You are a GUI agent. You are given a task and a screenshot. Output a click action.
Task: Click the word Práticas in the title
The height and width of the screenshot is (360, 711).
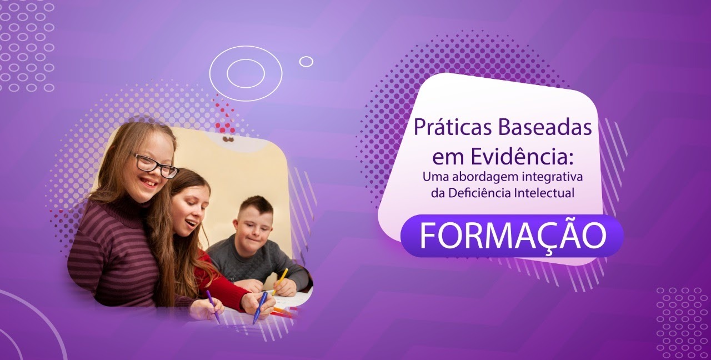[453, 128]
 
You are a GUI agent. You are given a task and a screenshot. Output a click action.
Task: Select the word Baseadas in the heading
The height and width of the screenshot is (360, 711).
[545, 128]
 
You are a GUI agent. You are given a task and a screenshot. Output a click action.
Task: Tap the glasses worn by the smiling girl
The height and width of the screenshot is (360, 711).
[156, 166]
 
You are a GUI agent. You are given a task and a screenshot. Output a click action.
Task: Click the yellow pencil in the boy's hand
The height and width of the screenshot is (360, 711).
[280, 281]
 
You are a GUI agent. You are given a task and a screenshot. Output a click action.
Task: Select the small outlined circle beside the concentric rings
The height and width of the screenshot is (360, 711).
[306, 62]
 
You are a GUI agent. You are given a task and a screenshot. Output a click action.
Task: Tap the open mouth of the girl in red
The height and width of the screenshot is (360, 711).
[192, 223]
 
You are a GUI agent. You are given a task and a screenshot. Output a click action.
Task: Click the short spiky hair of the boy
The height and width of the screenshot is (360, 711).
[256, 205]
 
